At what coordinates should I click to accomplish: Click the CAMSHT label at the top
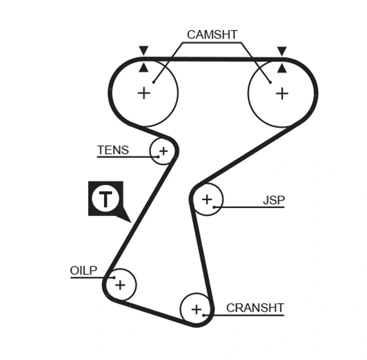tap(212, 35)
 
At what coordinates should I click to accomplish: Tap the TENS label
tap(113, 150)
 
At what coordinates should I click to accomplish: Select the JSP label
tap(273, 200)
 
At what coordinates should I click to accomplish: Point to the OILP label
tap(84, 270)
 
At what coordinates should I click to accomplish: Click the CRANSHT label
tap(255, 307)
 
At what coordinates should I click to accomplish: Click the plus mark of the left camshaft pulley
tap(144, 93)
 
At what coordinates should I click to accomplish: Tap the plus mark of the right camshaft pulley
tap(281, 93)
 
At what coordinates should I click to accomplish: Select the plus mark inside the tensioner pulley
tap(163, 150)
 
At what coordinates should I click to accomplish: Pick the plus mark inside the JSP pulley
tap(207, 199)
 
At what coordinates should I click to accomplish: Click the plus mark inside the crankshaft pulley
tap(196, 309)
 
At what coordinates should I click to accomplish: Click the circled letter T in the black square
tap(106, 199)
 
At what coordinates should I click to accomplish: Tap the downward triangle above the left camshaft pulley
tap(144, 50)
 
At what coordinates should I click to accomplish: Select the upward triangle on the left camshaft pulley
tap(144, 67)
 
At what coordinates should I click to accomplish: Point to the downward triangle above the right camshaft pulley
tap(281, 50)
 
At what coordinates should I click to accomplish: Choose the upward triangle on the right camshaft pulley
tap(281, 67)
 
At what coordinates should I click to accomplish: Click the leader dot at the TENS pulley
tap(158, 156)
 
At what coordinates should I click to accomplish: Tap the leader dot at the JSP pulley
tap(214, 207)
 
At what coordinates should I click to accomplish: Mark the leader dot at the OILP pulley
tap(114, 277)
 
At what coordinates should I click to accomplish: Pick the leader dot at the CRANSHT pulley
tap(204, 315)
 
